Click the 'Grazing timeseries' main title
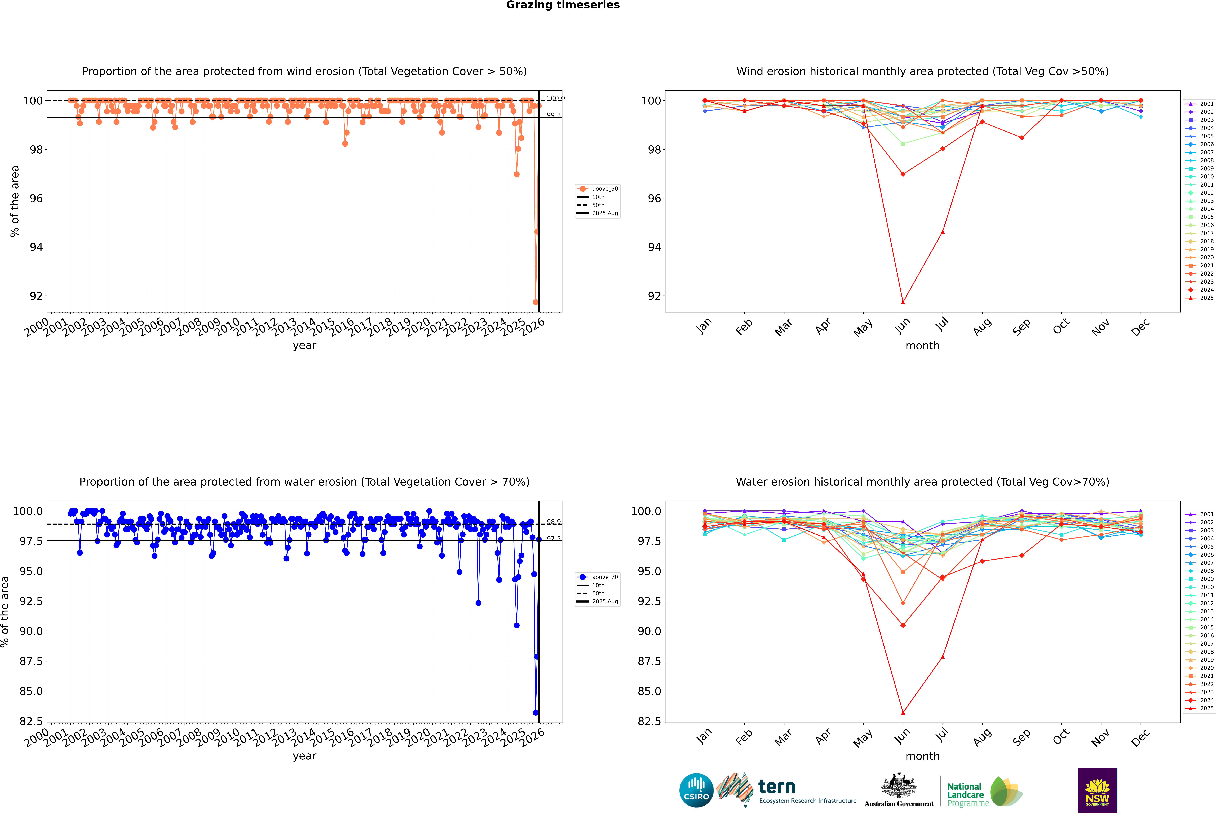[563, 5]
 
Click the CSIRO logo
[696, 790]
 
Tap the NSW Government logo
[1097, 790]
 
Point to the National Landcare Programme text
[965, 794]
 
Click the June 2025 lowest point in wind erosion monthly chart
[903, 302]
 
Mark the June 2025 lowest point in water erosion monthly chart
[903, 712]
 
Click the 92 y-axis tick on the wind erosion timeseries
[36, 296]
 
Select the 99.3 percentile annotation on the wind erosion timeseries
[554, 115]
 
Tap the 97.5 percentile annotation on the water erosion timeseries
[554, 539]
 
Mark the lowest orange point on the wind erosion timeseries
[535, 302]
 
